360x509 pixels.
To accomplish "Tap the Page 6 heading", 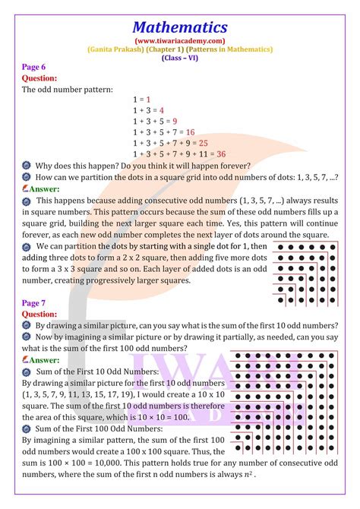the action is tap(36, 67).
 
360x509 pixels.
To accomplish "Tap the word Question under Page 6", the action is tap(39, 77).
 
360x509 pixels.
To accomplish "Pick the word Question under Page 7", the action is tap(39, 313).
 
